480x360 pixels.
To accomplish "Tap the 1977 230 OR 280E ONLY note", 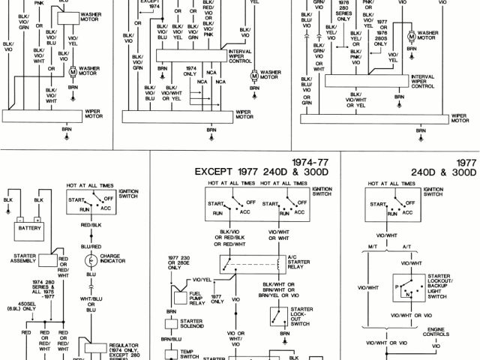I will click(178, 263).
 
